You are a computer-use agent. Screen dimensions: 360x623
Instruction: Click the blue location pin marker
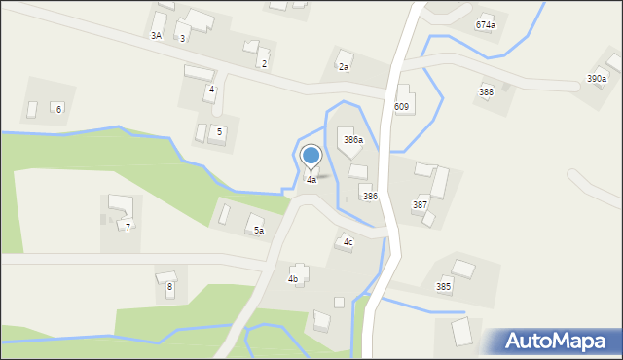pos(311,156)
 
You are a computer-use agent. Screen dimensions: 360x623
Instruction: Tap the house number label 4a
pos(311,180)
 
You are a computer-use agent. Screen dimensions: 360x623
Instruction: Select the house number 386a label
pos(353,141)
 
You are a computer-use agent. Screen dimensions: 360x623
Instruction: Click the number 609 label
pos(401,106)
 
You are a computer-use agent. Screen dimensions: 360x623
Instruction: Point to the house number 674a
pos(485,25)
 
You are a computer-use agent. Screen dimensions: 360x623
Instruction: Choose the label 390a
pos(596,79)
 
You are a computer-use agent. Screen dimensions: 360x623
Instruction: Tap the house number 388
pos(486,91)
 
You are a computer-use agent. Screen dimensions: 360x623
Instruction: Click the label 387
pos(420,205)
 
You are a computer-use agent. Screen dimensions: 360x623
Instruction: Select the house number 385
pos(443,287)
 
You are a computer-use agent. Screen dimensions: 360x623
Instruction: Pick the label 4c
pos(348,242)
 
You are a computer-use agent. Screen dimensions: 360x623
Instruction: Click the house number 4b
pos(293,279)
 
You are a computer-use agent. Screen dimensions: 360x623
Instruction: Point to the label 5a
pos(259,231)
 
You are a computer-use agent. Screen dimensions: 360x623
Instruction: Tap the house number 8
pos(169,287)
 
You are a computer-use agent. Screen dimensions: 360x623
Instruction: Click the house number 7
pos(128,227)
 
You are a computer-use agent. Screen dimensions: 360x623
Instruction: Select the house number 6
pos(58,109)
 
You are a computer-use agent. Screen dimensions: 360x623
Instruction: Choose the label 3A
pos(156,36)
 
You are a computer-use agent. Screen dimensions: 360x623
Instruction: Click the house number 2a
pos(344,67)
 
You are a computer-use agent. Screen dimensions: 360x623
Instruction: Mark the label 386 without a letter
pos(370,197)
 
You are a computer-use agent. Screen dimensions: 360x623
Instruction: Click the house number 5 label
pos(220,131)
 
